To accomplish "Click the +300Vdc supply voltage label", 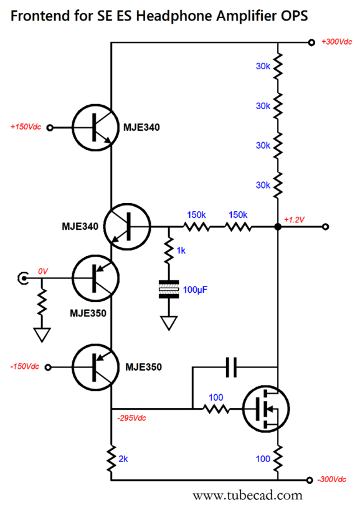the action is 336,42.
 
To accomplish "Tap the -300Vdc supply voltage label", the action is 332,479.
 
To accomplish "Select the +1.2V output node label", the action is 294,219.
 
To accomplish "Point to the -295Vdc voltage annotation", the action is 131,418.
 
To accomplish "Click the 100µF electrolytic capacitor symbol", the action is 169,289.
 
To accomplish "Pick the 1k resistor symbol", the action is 169,250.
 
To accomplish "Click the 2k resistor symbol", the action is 111,458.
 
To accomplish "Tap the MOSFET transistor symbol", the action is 266,409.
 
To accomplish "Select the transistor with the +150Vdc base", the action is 95,128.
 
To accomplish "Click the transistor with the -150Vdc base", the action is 95,367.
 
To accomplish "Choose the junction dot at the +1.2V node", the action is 278,227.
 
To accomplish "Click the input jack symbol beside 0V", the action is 22,278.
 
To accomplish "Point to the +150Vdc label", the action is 26,126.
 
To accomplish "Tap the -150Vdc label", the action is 24,366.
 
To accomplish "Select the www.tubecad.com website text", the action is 247,495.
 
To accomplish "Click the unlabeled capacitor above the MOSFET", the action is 231,367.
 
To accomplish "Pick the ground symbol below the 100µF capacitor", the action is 169,323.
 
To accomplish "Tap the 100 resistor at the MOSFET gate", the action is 216,409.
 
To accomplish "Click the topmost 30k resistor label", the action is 263,66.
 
